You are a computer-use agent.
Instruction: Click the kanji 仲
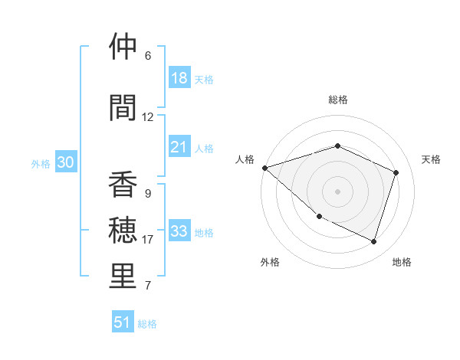[x=123, y=47]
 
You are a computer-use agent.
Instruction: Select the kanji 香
[x=123, y=185]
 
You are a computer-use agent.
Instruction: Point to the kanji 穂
[x=123, y=231]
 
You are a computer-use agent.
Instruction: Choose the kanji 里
[x=123, y=277]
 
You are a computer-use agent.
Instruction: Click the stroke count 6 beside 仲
[x=147, y=56]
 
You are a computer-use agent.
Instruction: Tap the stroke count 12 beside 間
[x=148, y=117]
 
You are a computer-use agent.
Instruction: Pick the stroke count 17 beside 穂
[x=148, y=240]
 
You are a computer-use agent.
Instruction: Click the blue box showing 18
[x=179, y=78]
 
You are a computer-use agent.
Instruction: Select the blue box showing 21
[x=179, y=147]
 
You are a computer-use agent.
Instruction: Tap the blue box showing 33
[x=179, y=231]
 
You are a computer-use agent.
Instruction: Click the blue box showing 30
[x=66, y=162]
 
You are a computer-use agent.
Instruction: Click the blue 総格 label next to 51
[x=147, y=324]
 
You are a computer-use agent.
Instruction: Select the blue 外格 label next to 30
[x=41, y=164]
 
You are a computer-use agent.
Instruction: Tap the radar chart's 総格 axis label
[x=337, y=100]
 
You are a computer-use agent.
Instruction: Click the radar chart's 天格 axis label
[x=432, y=159]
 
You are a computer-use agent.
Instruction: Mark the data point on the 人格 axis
[x=264, y=168]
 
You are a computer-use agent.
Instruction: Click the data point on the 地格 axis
[x=373, y=242]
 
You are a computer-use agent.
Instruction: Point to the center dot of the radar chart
[x=337, y=191]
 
